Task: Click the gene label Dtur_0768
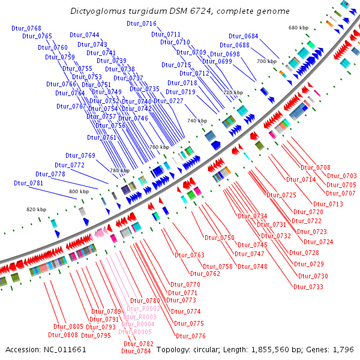point(26,29)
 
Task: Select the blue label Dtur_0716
point(142,24)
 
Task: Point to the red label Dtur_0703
point(341,176)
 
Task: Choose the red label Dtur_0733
point(308,287)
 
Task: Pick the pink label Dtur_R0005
point(135,332)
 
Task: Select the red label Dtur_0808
point(63,335)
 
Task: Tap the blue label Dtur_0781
point(29,183)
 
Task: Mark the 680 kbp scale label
point(298,28)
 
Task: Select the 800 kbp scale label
point(79,191)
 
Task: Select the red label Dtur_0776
point(190,337)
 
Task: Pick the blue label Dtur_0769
point(80,156)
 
